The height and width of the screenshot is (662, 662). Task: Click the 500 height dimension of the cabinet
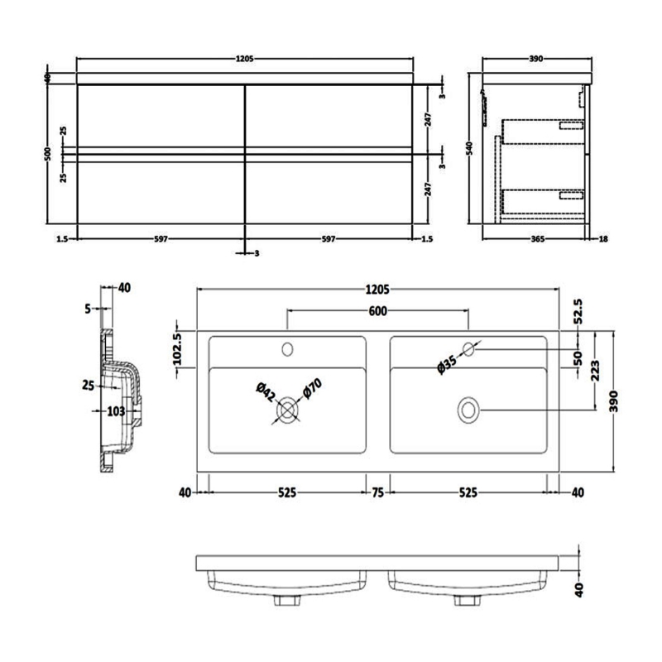pyautogui.click(x=49, y=153)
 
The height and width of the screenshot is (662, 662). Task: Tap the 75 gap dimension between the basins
pyautogui.click(x=377, y=492)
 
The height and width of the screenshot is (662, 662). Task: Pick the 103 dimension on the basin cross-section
pyautogui.click(x=115, y=410)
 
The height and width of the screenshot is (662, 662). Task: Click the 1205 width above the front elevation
pyautogui.click(x=244, y=59)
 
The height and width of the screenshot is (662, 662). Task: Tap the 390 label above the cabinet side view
pyautogui.click(x=535, y=59)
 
